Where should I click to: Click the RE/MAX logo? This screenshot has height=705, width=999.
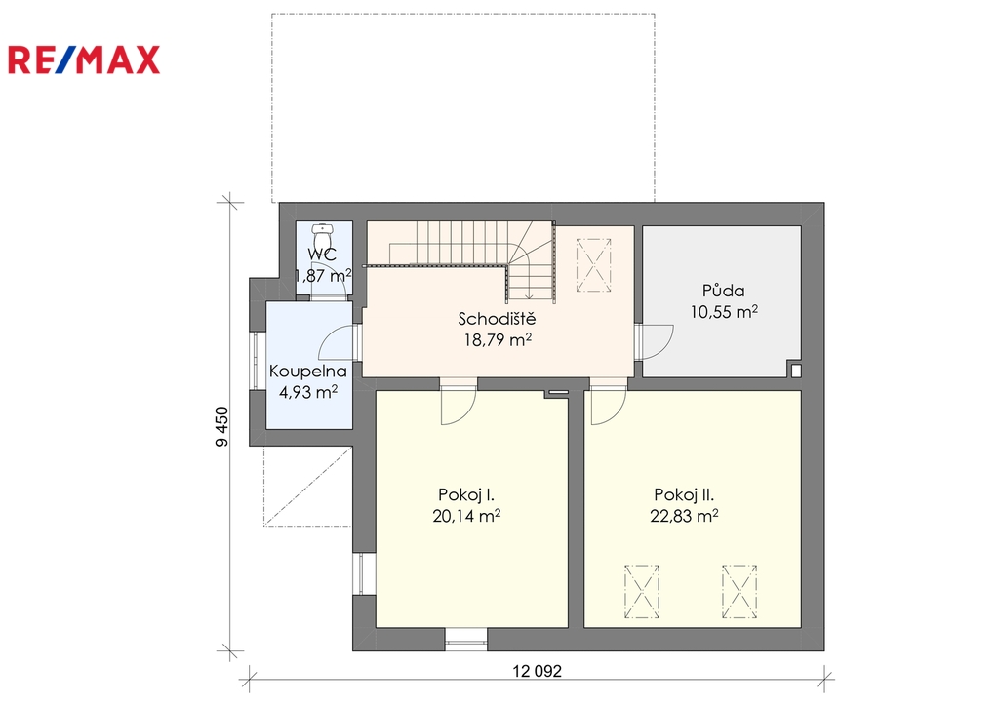tap(84, 60)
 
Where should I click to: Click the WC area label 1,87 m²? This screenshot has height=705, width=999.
tap(323, 276)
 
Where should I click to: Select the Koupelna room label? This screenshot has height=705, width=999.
tap(307, 372)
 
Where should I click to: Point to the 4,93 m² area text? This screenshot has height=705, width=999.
tap(308, 392)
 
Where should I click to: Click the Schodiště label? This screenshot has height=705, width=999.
tap(497, 319)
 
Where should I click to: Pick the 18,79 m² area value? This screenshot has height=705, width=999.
tap(498, 340)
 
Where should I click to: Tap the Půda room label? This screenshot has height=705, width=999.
tap(723, 291)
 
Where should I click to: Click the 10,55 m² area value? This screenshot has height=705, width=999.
tap(724, 312)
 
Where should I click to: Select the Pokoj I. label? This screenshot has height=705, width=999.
tap(466, 494)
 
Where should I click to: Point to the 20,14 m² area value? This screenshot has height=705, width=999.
tap(466, 516)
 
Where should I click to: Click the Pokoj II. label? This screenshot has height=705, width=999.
tap(684, 494)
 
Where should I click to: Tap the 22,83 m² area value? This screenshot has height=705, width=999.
tap(684, 516)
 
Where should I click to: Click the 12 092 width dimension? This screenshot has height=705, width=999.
tap(538, 671)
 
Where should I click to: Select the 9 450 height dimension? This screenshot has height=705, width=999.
tap(221, 426)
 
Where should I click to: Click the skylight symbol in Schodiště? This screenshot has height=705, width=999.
tap(594, 265)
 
